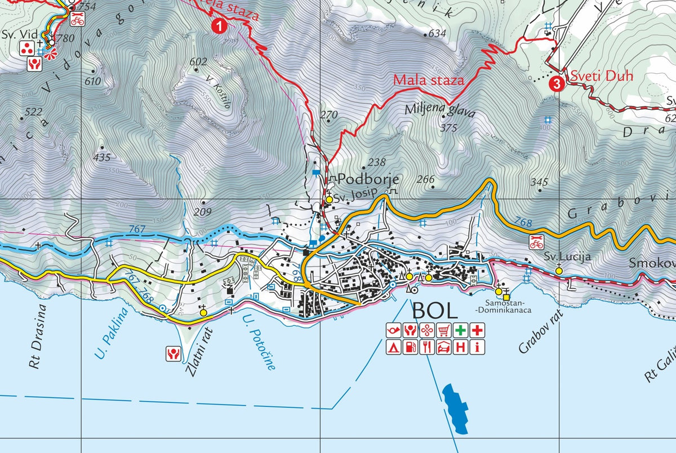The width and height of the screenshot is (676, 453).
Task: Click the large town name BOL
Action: click(434, 309)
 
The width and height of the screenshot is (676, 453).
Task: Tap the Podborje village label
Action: click(368, 180)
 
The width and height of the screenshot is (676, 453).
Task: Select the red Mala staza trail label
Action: click(429, 80)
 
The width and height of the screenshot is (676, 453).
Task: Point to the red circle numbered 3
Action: click(557, 85)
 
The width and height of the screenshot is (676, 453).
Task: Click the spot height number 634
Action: click(437, 34)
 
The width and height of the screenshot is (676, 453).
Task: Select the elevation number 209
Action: click(202, 212)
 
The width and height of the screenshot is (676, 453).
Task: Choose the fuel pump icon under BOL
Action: click(411, 347)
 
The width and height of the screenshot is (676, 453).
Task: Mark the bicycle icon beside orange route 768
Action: click(536, 242)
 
